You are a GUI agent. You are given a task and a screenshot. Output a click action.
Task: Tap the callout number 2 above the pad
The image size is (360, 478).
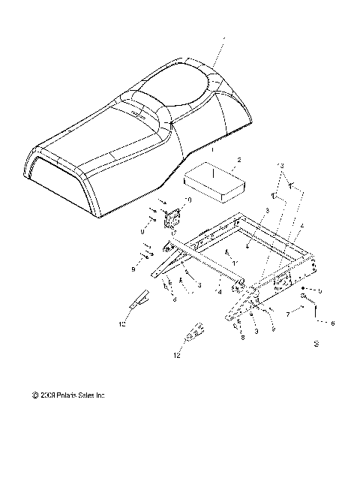pyautogui.click(x=217, y=160)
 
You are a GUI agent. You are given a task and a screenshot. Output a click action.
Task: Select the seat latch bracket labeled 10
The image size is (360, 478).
pyautogui.click(x=173, y=218)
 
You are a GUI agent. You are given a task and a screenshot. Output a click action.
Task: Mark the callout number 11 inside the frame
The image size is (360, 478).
pyautogui.click(x=234, y=263)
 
